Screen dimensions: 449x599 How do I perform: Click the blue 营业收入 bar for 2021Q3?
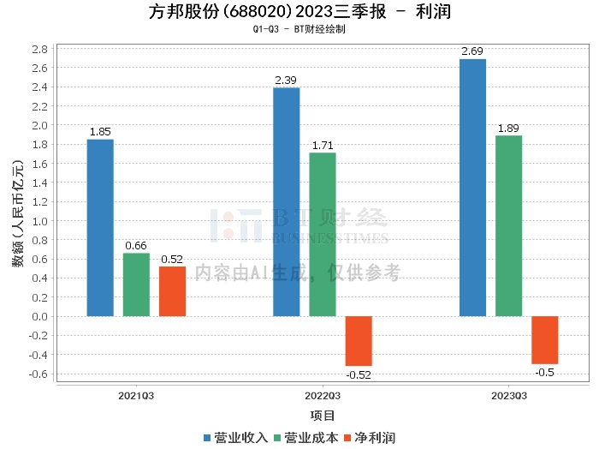(100, 227)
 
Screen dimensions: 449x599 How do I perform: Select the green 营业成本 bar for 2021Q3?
(136, 284)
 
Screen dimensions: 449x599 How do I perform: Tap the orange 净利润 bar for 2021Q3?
(172, 291)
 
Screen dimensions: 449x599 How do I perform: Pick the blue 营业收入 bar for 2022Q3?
(286, 201)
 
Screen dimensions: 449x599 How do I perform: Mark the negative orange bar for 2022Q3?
(359, 341)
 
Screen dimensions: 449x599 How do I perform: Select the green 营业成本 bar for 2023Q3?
(508, 225)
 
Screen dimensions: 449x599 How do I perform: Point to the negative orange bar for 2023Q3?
(544, 340)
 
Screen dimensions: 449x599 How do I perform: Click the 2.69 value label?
(472, 52)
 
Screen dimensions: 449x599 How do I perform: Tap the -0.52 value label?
(359, 374)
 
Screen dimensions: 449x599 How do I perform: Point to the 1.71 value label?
(323, 146)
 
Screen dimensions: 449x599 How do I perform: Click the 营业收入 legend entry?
(235, 437)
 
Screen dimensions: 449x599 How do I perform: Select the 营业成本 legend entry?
(305, 437)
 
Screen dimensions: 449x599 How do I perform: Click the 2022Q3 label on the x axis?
(323, 396)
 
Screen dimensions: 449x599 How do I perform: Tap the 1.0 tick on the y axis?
(39, 220)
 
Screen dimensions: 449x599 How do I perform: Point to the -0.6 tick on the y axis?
(37, 374)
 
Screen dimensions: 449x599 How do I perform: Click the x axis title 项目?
(323, 416)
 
